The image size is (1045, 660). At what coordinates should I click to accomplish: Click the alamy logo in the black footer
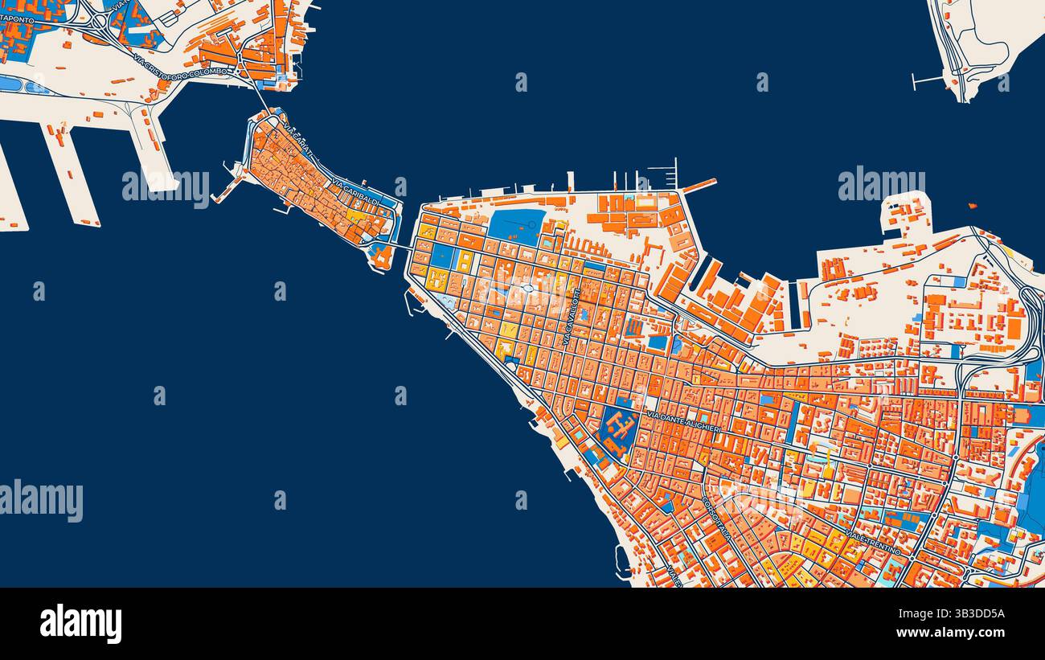[80, 624]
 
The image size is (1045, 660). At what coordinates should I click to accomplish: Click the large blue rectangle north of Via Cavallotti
[514, 227]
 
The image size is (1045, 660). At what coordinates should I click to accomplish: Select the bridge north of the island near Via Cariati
[259, 96]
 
